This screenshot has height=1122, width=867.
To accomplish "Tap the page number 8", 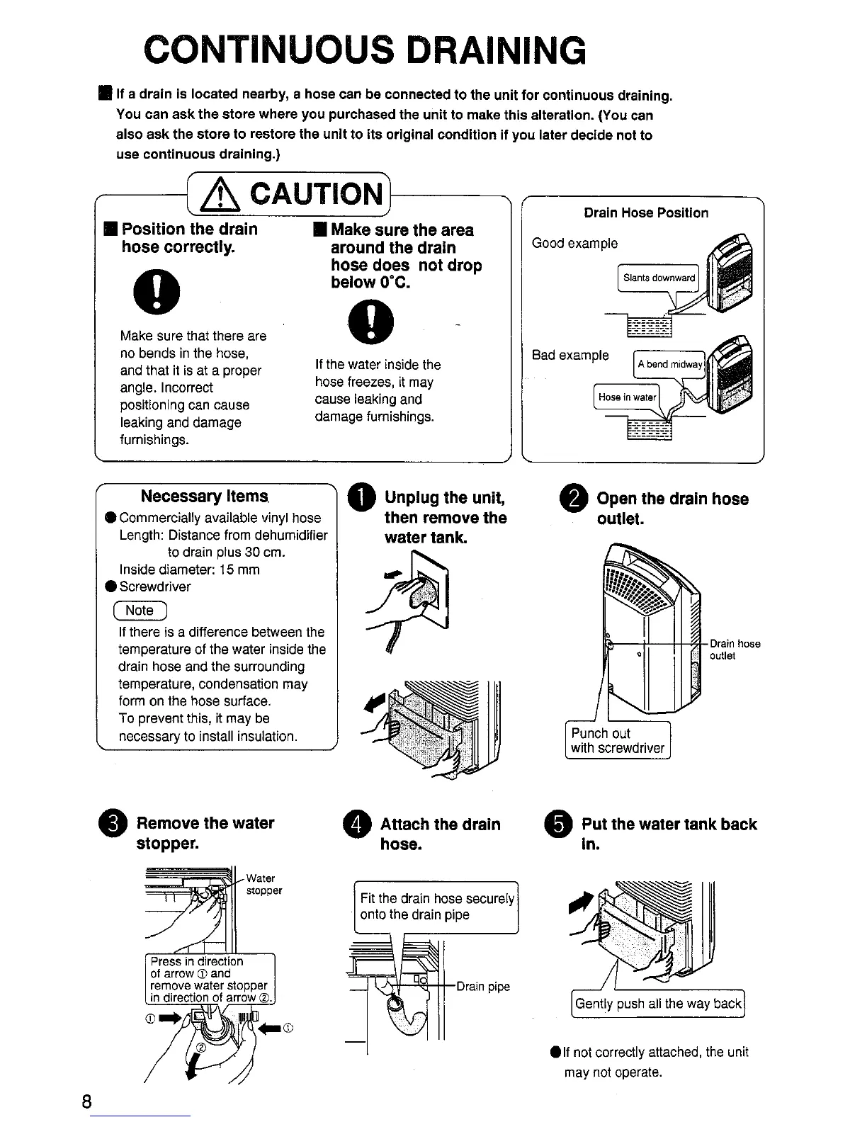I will pyautogui.click(x=86, y=1101).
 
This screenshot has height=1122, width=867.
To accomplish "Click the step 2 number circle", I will pyautogui.click(x=572, y=499).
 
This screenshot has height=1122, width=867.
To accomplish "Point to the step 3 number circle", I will pyautogui.click(x=116, y=824).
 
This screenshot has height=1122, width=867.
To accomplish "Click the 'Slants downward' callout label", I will pyautogui.click(x=658, y=278).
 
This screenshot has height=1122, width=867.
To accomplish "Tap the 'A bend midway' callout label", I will pyautogui.click(x=669, y=364).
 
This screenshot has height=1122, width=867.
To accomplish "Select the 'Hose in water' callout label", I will pyautogui.click(x=627, y=397).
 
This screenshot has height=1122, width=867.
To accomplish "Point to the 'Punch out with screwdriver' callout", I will pyautogui.click(x=617, y=740).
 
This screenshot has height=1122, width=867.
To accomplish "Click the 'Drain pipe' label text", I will pyautogui.click(x=483, y=986).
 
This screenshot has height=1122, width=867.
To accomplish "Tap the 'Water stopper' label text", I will pyautogui.click(x=263, y=884).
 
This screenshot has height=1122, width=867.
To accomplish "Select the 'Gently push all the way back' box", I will pyautogui.click(x=657, y=1003).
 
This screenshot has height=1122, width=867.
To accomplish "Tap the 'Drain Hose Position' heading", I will pyautogui.click(x=645, y=212).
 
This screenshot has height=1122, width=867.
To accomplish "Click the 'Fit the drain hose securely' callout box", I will pyautogui.click(x=436, y=907).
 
